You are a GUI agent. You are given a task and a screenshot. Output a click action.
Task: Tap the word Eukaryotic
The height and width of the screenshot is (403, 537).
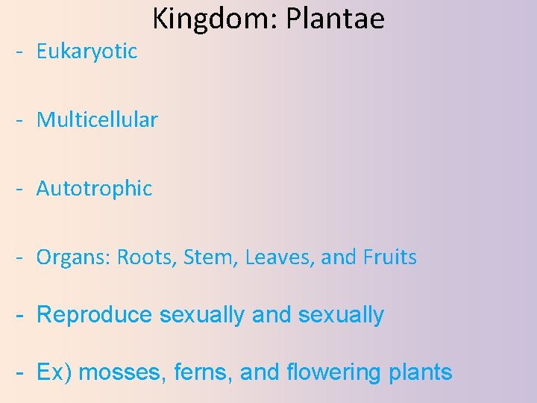click(87, 51)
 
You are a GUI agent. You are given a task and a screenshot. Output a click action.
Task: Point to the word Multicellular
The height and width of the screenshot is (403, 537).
click(97, 119)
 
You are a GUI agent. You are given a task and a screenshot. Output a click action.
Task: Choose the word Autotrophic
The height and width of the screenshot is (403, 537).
click(94, 189)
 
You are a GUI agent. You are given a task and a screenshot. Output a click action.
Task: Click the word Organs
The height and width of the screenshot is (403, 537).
click(71, 258)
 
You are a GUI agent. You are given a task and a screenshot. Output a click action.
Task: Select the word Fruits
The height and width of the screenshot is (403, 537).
click(390, 257)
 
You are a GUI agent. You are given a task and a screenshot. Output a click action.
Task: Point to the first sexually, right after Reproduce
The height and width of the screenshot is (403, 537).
click(202, 315)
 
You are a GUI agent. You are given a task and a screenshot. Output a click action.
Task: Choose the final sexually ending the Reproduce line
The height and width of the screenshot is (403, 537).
click(341, 315)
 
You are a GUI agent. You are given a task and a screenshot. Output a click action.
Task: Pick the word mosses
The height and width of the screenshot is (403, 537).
click(118, 372)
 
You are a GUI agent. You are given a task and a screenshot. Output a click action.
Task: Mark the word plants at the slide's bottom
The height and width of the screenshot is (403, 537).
click(421, 372)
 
